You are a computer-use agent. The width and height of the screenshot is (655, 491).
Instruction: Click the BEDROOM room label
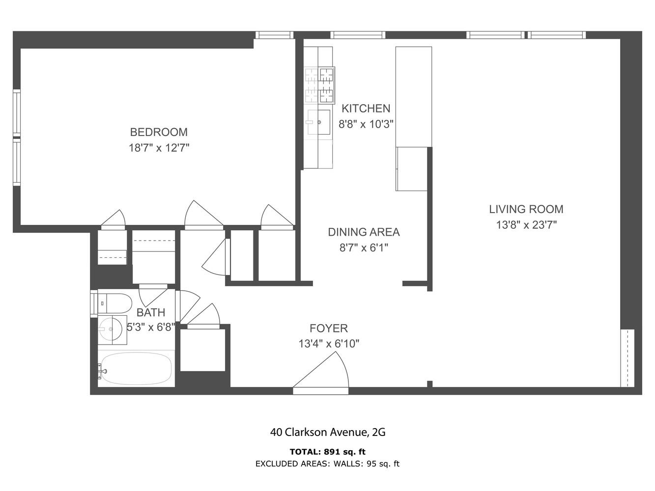pyautogui.click(x=158, y=132)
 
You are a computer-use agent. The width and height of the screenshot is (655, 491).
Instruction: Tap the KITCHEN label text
pyautogui.click(x=366, y=109)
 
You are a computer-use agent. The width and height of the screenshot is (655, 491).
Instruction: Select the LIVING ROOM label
pyautogui.click(x=526, y=209)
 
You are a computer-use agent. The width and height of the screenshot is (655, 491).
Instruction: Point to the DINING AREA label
pyautogui.click(x=364, y=232)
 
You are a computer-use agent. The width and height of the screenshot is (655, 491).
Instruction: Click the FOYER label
pyautogui.click(x=328, y=328)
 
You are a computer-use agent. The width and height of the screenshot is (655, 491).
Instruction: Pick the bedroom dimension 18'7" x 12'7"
pyautogui.click(x=158, y=148)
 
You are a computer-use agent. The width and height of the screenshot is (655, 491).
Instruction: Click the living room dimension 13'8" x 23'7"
pyautogui.click(x=526, y=225)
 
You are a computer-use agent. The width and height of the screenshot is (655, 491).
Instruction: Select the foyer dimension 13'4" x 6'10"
pyautogui.click(x=328, y=344)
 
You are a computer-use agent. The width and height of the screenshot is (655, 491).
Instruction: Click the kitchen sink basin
pyautogui.click(x=319, y=122)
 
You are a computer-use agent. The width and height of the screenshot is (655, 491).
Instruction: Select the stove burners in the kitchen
pyautogui.click(x=319, y=84)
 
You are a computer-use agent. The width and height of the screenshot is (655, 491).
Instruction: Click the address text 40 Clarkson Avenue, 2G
pyautogui.click(x=327, y=432)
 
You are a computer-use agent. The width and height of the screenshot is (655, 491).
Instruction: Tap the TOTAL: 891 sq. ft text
pyautogui.click(x=327, y=452)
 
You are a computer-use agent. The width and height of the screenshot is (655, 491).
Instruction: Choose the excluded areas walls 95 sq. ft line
pyautogui.click(x=327, y=464)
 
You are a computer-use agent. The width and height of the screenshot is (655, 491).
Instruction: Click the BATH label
pyautogui.click(x=150, y=313)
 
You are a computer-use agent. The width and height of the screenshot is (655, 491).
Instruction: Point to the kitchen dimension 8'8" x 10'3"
pyautogui.click(x=366, y=124)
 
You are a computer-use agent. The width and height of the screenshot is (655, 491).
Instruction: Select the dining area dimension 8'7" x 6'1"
pyautogui.click(x=364, y=247)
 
